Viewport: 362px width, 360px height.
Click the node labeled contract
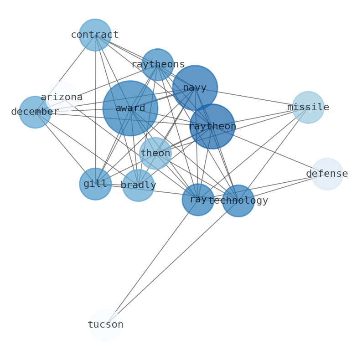(95, 35)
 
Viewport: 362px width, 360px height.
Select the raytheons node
(157, 65)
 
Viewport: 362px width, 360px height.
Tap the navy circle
(195, 88)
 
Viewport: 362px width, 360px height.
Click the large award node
(130, 108)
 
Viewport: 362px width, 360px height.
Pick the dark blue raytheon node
(212, 127)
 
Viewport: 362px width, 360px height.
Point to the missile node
(308, 108)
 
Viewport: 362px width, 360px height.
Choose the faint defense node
(327, 174)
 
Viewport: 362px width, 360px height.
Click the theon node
(155, 154)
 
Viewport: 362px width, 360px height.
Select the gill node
(95, 184)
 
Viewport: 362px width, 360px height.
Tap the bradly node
(138, 185)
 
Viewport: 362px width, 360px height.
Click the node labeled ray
(198, 200)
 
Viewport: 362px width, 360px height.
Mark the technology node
(238, 201)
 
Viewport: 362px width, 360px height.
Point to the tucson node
(105, 325)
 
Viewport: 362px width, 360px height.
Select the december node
(35, 112)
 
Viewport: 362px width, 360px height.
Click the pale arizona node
(62, 97)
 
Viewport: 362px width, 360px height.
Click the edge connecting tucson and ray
(151, 262)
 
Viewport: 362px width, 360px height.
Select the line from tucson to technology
(171, 263)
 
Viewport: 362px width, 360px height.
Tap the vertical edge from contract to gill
(95, 109)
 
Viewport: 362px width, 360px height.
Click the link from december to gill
(65, 148)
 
